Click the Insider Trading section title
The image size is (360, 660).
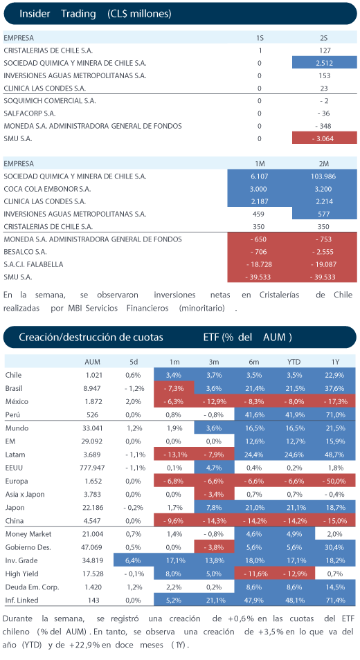(95, 14)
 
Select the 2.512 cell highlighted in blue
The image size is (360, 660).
(324, 63)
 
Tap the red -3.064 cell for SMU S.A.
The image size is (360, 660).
(324, 138)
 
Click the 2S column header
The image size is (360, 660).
(324, 38)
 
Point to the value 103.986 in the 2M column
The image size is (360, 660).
(323, 176)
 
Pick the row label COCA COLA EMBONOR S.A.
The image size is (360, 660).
(47, 189)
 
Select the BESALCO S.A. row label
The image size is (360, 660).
(25, 252)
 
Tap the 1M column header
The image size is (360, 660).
(259, 164)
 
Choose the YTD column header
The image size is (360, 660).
(294, 362)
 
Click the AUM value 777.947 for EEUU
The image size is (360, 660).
(92, 468)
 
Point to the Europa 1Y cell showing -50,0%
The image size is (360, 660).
(335, 481)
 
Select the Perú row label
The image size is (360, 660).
(12, 414)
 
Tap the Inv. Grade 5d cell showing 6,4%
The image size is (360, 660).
(134, 560)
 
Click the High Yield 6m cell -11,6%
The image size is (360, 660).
(254, 574)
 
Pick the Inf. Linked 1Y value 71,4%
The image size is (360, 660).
(335, 601)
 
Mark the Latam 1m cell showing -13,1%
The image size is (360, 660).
(174, 454)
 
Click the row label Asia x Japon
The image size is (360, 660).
(25, 494)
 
